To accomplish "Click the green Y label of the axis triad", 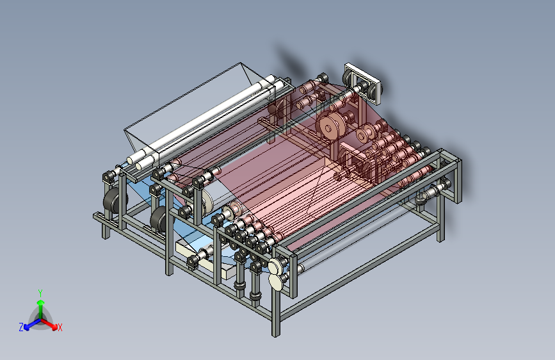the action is click(x=40, y=293).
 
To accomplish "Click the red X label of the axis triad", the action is click(x=60, y=327).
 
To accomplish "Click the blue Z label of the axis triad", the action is click(x=21, y=327).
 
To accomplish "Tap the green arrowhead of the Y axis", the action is click(x=41, y=302).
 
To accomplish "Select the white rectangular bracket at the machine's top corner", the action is click(x=362, y=83).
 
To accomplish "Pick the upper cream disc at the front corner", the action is click(x=275, y=266).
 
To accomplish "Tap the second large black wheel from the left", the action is click(x=159, y=219).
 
